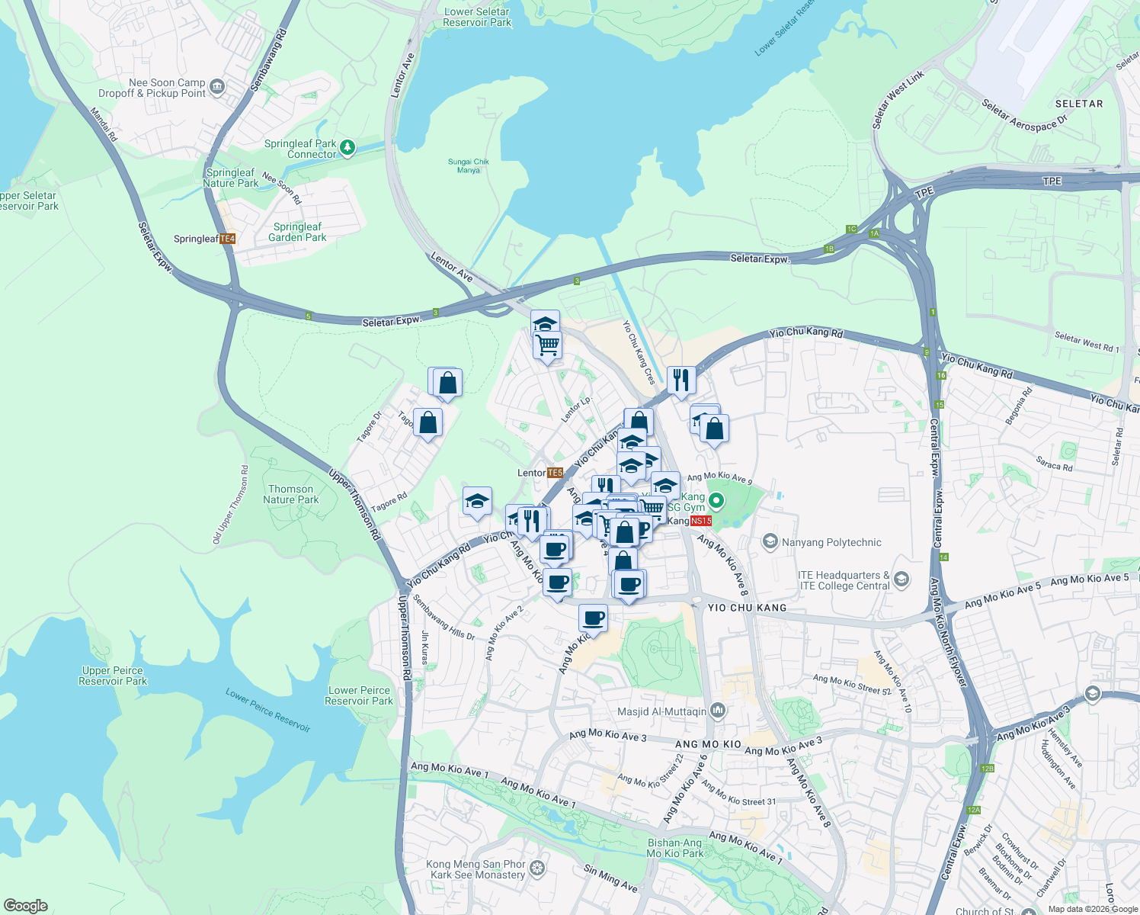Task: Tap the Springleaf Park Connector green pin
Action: coord(347,147)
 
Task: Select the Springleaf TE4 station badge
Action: coord(227,239)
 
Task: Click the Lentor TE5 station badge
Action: coord(555,473)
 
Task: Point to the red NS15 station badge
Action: coord(700,521)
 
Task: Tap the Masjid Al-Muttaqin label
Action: coord(661,711)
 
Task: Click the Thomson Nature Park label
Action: coord(290,494)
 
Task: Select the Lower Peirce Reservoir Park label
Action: coord(359,695)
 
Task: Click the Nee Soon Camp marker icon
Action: coord(217,87)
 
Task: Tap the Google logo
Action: coord(25,906)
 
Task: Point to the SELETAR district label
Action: coord(1078,104)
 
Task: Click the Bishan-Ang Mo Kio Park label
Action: coord(674,848)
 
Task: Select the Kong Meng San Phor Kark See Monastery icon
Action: coord(537,868)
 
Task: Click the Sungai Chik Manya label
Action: coord(469,165)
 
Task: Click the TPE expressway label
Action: coord(1052,181)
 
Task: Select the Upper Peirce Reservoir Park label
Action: coord(112,676)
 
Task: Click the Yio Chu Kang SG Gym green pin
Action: coord(716,502)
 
